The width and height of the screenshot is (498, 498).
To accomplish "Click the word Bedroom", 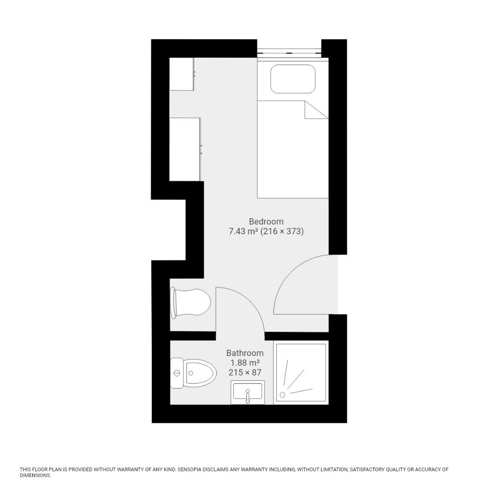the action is tap(266, 221).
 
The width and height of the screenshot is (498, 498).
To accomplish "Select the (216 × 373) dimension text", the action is tap(282, 231).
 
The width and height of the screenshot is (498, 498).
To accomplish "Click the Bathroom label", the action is tap(245, 353).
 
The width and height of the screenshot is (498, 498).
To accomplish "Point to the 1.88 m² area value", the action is tap(245, 363).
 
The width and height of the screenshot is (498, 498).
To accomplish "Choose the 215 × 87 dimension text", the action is tap(245, 373).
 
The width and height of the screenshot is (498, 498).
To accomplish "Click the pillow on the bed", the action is tap(293, 79).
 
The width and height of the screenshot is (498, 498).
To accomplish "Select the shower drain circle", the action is tap(282, 395).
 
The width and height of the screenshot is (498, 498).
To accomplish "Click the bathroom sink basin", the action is tap(248, 391).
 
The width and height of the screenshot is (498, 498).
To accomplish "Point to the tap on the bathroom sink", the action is tap(248, 397).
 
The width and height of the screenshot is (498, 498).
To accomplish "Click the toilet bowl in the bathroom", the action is tap(200, 373).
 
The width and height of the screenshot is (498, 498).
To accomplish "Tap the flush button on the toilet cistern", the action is tap(177, 373).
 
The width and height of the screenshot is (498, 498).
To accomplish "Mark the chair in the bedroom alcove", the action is tap(190, 302).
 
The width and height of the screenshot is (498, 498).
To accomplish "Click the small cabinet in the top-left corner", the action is tap(182, 74).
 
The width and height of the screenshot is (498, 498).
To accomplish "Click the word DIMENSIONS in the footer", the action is tap(35, 475).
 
